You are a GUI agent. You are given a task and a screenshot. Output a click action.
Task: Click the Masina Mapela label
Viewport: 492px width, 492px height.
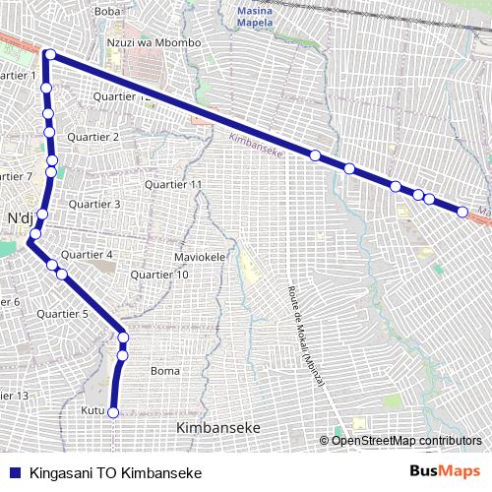(259, 16)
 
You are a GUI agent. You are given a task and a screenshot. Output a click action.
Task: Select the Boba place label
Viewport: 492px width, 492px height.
(106, 11)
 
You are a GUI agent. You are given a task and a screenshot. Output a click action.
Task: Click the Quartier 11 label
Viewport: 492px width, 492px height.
(173, 185)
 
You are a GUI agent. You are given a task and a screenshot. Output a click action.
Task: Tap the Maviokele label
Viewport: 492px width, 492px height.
(201, 258)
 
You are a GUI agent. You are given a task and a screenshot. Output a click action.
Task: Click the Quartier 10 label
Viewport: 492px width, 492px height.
(159, 275)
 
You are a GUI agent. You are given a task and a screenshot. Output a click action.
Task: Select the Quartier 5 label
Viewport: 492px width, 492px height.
(62, 314)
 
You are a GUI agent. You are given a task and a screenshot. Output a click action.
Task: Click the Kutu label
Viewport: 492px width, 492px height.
(92, 410)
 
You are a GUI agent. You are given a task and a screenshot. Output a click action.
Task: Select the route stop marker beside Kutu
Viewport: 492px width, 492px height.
(113, 413)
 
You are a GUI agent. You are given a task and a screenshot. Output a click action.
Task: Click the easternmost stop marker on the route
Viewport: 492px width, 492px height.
(462, 211)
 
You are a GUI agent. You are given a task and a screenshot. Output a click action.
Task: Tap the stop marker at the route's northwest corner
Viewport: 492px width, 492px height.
(48, 55)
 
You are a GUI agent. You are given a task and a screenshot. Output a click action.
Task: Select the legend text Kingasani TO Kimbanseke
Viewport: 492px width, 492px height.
(115, 472)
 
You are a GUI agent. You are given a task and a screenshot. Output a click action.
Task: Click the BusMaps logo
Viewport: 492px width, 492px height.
(444, 471)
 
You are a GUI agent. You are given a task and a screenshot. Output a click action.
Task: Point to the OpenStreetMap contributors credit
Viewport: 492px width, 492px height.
(404, 440)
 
